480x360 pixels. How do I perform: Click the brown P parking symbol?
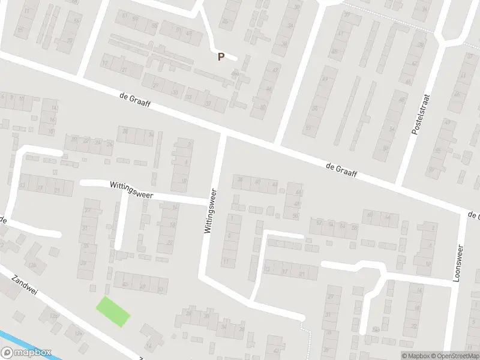221,57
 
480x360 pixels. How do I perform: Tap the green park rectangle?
113,311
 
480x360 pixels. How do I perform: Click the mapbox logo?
26,353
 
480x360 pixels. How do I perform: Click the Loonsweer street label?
460,263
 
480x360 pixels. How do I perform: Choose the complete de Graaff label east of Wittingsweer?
341,169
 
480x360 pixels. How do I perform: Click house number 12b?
35,264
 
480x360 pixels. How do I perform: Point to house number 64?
343,227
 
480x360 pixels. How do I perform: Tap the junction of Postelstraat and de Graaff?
400,182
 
